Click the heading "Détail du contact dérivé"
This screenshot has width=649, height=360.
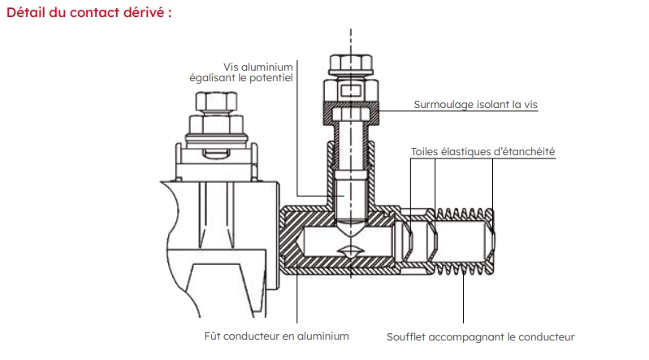click(89, 14)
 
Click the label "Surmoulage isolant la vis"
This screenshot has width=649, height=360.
click(475, 104)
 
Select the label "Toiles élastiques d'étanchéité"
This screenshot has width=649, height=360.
click(483, 151)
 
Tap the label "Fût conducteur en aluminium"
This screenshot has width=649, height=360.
click(276, 336)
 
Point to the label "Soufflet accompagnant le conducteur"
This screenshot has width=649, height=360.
click(480, 336)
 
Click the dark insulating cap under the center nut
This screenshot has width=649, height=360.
click(351, 104)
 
